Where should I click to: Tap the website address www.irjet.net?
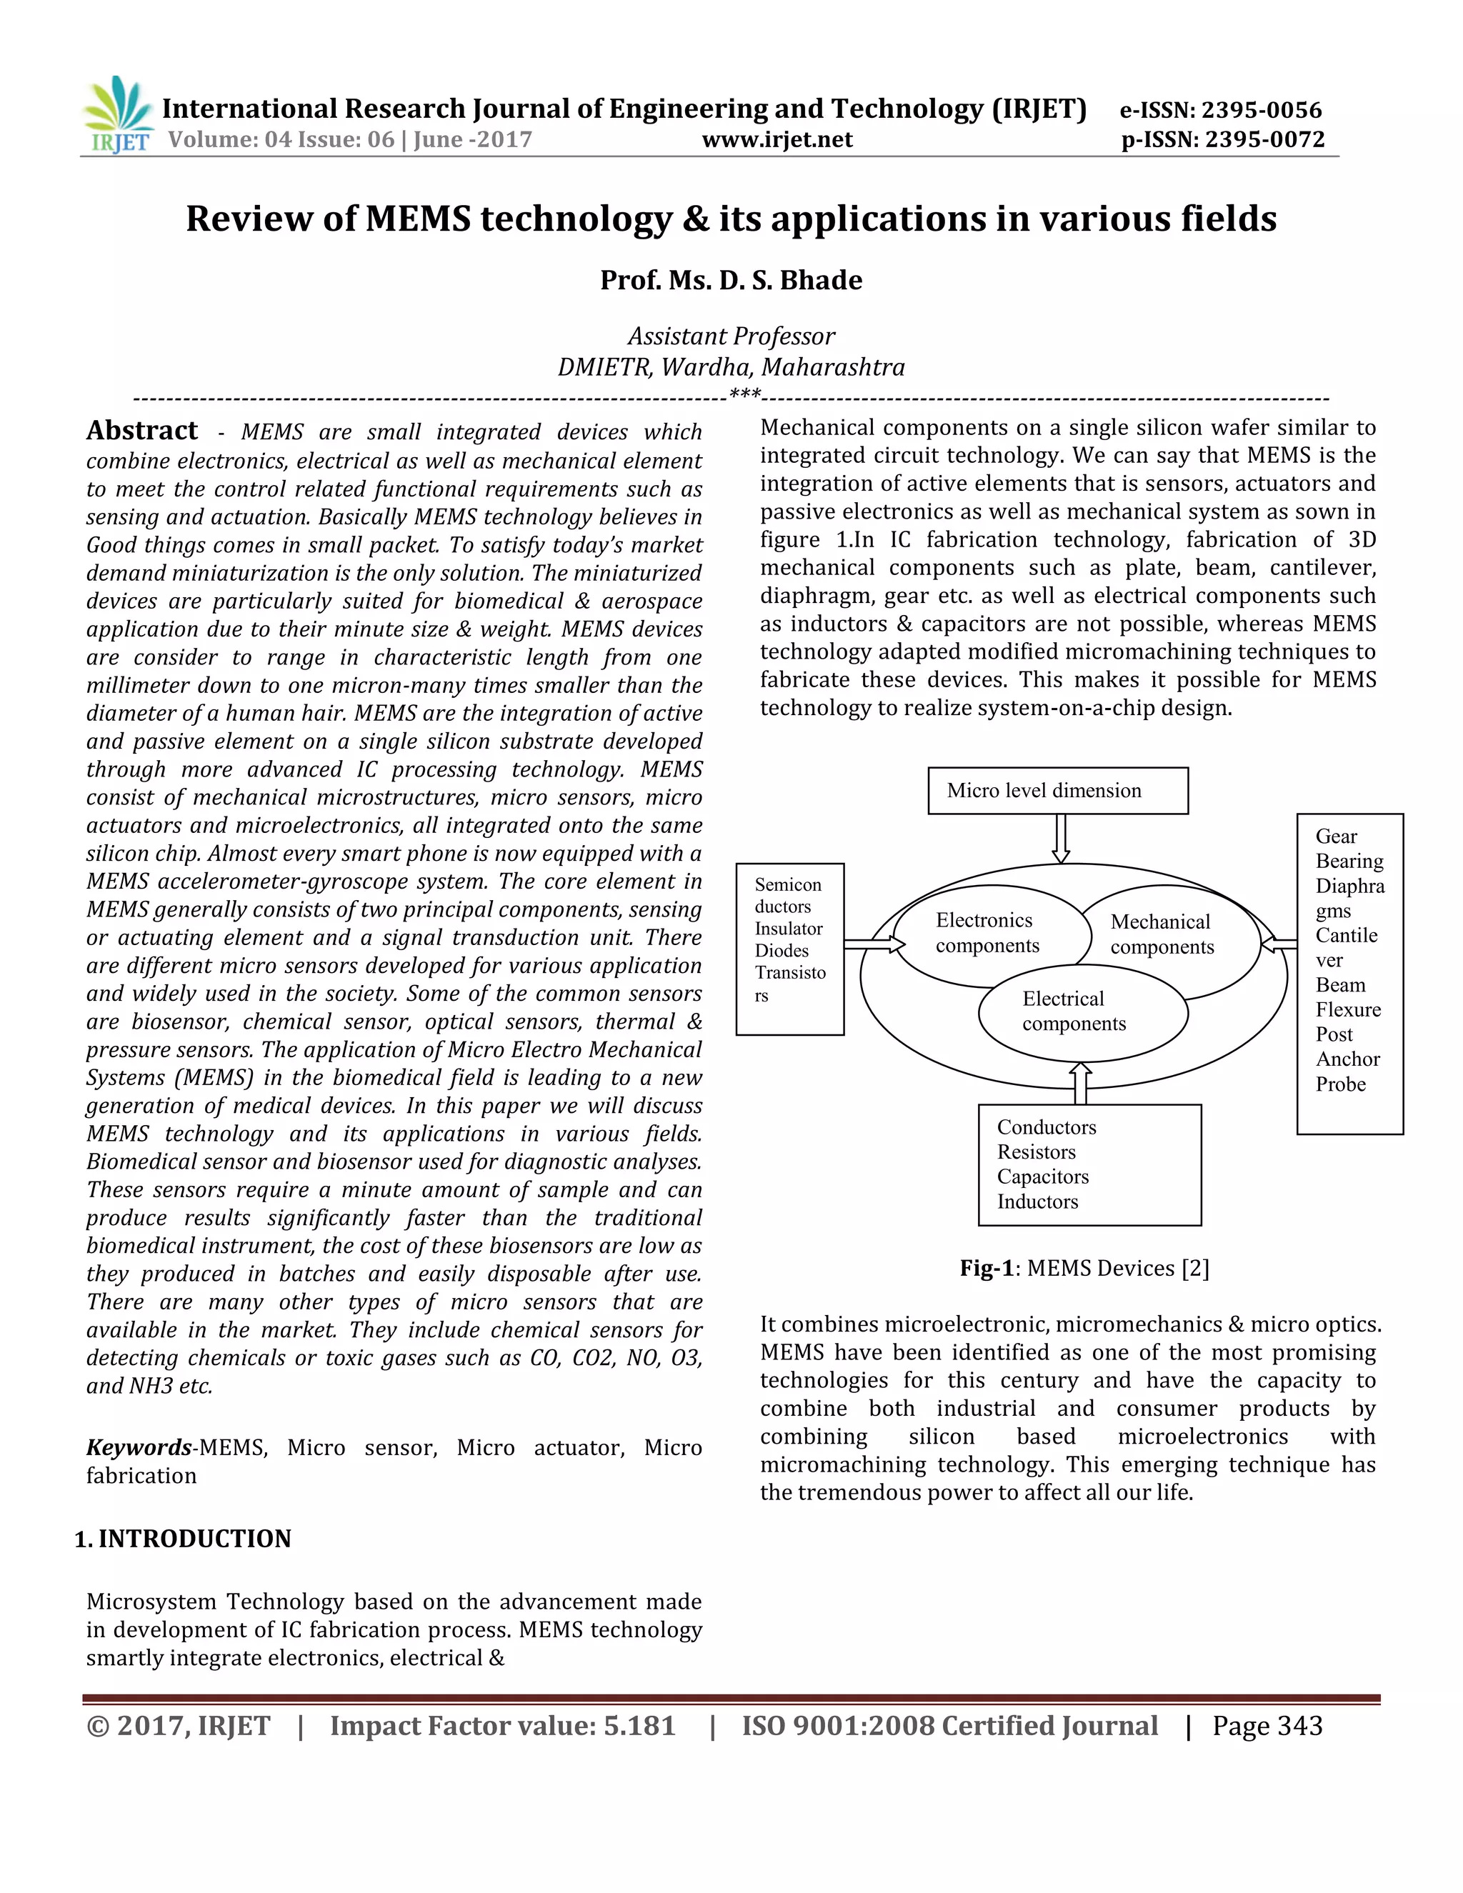pos(777,139)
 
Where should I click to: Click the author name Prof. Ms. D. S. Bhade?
pos(731,280)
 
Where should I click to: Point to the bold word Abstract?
pos(142,431)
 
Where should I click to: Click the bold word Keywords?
pos(139,1447)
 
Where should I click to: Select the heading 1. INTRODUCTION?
pos(183,1539)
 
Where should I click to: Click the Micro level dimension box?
pos(1057,791)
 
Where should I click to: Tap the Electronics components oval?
pos(987,934)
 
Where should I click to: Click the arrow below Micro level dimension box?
pos(1060,838)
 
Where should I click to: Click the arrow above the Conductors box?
pos(1080,1084)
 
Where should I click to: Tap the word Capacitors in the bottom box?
pos(1043,1177)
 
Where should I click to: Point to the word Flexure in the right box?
pos(1348,1010)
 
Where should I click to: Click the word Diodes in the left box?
pos(781,951)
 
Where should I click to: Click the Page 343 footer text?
pos(1267,1726)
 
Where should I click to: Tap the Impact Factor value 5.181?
pos(639,1726)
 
